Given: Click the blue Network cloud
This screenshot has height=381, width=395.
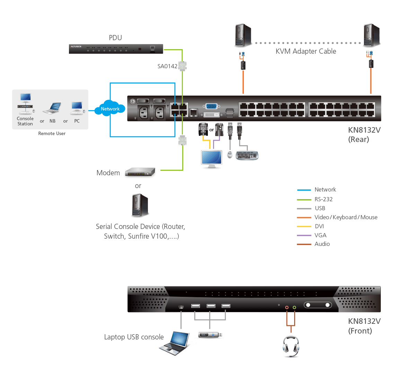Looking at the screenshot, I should point(110,108).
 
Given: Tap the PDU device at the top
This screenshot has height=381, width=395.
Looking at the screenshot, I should point(116,49).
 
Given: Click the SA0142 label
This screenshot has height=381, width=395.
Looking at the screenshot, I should point(167,66).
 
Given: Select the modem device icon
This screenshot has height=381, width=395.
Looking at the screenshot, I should point(140,172).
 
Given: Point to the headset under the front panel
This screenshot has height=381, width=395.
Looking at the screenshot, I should point(291,346).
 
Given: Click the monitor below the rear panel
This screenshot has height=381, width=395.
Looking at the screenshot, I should point(211,159).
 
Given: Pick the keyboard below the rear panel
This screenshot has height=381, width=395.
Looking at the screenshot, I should point(247,156).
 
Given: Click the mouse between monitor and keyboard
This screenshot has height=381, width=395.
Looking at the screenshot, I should point(230,154).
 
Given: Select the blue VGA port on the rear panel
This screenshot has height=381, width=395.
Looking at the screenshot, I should point(211,106).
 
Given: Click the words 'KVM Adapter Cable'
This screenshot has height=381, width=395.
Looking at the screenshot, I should point(306,51).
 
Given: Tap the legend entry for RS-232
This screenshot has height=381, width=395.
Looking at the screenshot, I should point(323,199).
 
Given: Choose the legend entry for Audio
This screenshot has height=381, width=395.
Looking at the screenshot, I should point(322,244).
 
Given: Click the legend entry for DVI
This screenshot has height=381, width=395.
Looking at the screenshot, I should point(319,226).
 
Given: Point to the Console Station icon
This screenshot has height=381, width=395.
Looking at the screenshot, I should point(26,104).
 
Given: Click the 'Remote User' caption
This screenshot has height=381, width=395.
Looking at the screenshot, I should point(52,133).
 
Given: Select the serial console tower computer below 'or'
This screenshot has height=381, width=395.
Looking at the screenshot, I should point(140,205).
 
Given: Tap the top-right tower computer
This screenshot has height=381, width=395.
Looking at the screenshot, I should point(372,35).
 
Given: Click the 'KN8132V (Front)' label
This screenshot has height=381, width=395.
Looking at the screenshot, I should point(364,326).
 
